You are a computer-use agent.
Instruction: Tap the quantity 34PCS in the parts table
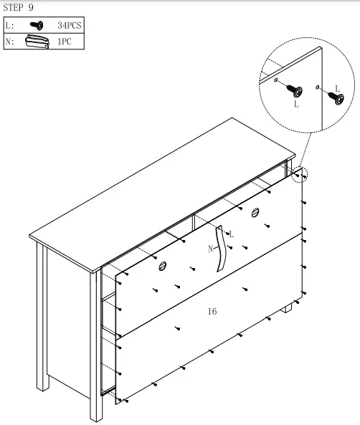[70, 25]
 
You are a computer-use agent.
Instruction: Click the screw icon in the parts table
[34, 25]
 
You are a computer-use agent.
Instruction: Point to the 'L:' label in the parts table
[9, 25]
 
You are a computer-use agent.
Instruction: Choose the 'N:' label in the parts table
[9, 42]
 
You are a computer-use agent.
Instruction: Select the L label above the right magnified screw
[337, 88]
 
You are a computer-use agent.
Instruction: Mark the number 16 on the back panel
[212, 312]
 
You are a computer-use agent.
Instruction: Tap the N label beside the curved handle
[210, 249]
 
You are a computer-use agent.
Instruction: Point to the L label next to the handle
[231, 234]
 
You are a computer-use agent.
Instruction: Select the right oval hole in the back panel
[255, 211]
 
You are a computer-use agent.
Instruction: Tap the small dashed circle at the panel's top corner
[300, 174]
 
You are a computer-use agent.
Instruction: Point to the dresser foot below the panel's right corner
[288, 309]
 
